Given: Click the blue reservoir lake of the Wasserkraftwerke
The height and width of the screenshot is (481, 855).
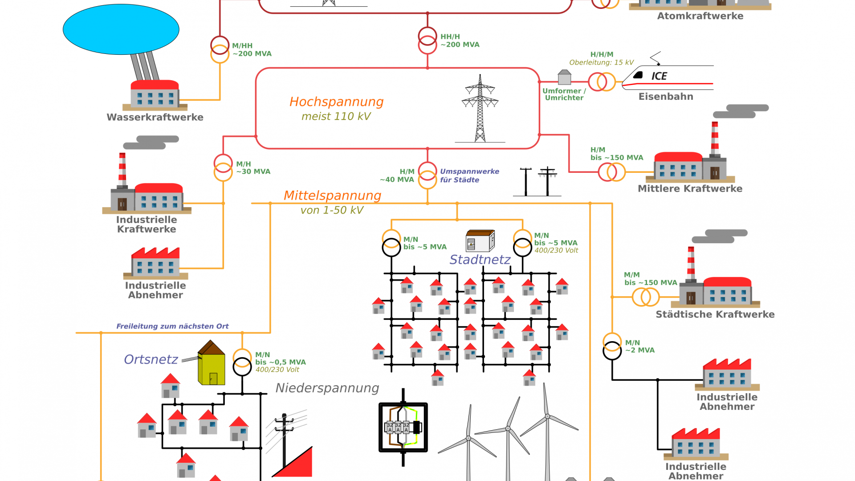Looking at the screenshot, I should click(x=121, y=29).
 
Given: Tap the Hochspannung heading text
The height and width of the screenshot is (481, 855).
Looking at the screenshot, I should click(x=336, y=102).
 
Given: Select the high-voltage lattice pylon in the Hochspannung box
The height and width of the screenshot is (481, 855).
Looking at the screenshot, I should click(x=480, y=109).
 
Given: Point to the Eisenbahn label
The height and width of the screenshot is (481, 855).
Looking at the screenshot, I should click(x=666, y=97).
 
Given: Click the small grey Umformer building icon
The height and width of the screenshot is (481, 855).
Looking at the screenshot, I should click(x=564, y=77).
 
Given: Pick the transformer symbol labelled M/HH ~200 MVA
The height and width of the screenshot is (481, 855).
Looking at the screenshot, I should click(x=220, y=49).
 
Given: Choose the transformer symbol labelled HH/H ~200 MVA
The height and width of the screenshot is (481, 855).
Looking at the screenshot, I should click(x=427, y=41).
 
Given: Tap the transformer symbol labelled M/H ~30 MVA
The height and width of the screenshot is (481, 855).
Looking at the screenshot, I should click(x=223, y=167).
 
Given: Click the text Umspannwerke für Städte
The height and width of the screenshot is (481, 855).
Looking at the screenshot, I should click(x=469, y=175).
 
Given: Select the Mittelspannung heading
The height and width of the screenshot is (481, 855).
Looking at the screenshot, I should click(x=332, y=196).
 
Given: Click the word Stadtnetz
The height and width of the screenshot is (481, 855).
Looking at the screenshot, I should click(x=480, y=260).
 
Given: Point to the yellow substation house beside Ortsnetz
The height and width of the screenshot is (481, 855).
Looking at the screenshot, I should click(x=211, y=363).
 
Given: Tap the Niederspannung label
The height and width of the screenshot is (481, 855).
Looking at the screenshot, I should click(x=327, y=388).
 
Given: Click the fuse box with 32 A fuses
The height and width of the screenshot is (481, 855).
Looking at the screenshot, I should click(x=403, y=427).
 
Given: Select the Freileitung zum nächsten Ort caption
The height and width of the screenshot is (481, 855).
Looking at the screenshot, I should click(x=172, y=326).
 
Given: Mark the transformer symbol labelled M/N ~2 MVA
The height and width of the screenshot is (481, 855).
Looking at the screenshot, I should click(x=612, y=346).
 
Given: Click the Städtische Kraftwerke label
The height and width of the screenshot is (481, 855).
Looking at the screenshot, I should click(x=715, y=314).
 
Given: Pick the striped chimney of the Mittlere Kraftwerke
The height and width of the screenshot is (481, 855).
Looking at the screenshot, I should click(x=715, y=139).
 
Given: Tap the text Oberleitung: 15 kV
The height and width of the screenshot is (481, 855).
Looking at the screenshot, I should click(x=601, y=62).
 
